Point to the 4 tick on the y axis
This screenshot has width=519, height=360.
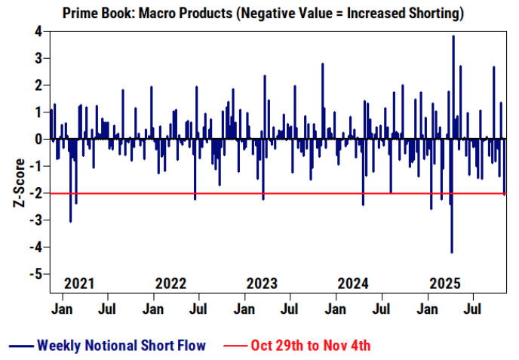[x=35, y=31]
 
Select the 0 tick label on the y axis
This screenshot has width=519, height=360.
[x=35, y=140]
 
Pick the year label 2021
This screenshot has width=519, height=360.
[x=79, y=284]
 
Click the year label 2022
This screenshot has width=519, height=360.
[x=170, y=284]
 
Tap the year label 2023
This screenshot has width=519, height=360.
[x=262, y=284]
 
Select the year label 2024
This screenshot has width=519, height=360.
[x=353, y=284]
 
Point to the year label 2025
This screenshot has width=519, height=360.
[x=444, y=284]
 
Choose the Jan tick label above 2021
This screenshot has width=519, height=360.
[x=63, y=309]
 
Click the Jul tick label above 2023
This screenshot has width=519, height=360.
[x=290, y=309]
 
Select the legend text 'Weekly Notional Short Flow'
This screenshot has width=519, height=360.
[x=121, y=346]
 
